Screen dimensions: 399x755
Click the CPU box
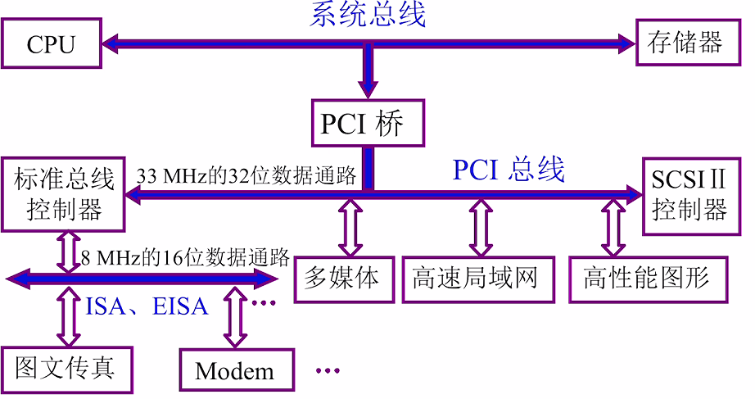coord(51,43)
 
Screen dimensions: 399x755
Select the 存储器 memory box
coord(685,43)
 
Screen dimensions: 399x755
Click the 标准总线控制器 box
coord(64,194)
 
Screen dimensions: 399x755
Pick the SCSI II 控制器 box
coord(689,194)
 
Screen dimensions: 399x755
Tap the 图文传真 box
coord(65,368)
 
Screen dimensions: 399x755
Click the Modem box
coord(235,370)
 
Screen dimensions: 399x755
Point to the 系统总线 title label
coord(368,15)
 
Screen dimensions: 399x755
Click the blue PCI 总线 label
coord(509,170)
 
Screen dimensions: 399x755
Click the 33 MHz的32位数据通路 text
coord(246,176)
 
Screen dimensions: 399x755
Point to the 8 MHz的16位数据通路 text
coord(185,258)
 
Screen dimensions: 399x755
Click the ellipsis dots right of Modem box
coord(328,371)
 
